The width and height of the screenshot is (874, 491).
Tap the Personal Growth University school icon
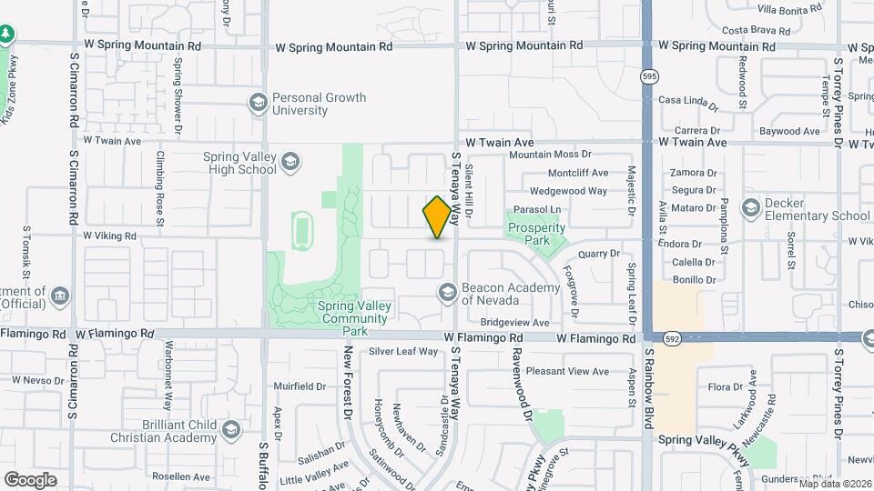(x=259, y=103)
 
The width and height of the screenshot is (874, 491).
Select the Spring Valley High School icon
(x=290, y=163)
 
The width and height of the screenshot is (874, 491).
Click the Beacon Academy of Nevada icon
(x=447, y=293)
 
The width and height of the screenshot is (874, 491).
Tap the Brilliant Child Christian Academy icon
(x=230, y=429)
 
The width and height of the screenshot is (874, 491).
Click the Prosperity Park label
(x=537, y=234)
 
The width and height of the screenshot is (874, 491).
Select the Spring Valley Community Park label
(x=355, y=312)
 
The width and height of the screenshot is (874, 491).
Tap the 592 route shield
(x=673, y=338)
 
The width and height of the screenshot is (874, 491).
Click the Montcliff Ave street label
(x=577, y=173)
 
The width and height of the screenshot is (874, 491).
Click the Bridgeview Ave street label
(x=515, y=322)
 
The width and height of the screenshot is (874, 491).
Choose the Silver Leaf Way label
(x=403, y=351)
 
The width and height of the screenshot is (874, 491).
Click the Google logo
(x=31, y=479)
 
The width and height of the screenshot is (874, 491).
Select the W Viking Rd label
(x=109, y=235)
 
